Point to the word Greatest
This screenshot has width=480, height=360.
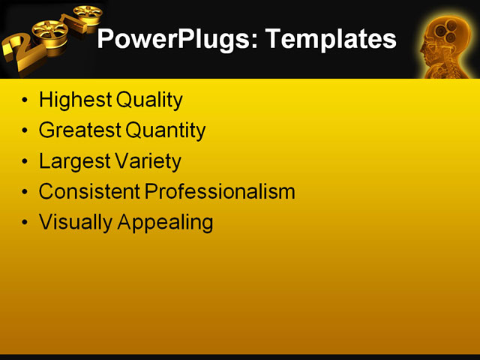tap(79, 130)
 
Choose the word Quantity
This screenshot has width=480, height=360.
tap(166, 130)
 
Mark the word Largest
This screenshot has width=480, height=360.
tap(73, 161)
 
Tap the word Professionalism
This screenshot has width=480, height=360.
tap(220, 192)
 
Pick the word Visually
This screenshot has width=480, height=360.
tap(72, 223)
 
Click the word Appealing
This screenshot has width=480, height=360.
tap(163, 223)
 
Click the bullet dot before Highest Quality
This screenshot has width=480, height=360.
tap(27, 100)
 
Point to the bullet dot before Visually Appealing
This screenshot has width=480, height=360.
tap(27, 223)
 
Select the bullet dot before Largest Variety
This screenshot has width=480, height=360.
tap(27, 161)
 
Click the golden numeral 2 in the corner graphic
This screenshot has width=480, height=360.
tap(19, 52)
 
